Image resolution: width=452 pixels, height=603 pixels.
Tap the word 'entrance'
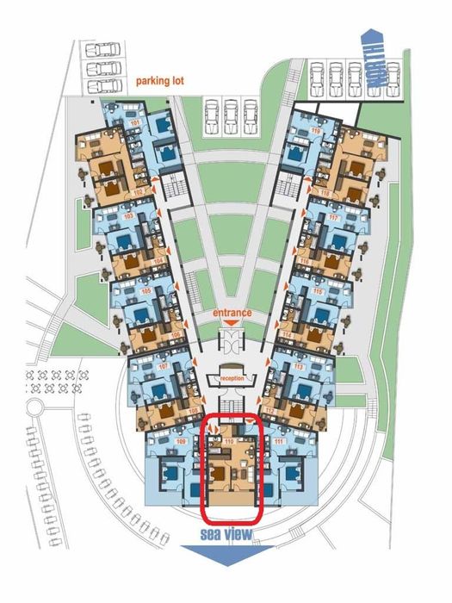[232, 313]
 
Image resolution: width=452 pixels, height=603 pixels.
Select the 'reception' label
[232, 378]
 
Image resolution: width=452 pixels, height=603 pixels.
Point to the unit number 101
[133, 123]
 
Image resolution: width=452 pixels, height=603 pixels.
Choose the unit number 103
[129, 217]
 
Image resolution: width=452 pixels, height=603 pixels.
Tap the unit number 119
[315, 131]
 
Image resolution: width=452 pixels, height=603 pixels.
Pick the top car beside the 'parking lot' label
[102, 48]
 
